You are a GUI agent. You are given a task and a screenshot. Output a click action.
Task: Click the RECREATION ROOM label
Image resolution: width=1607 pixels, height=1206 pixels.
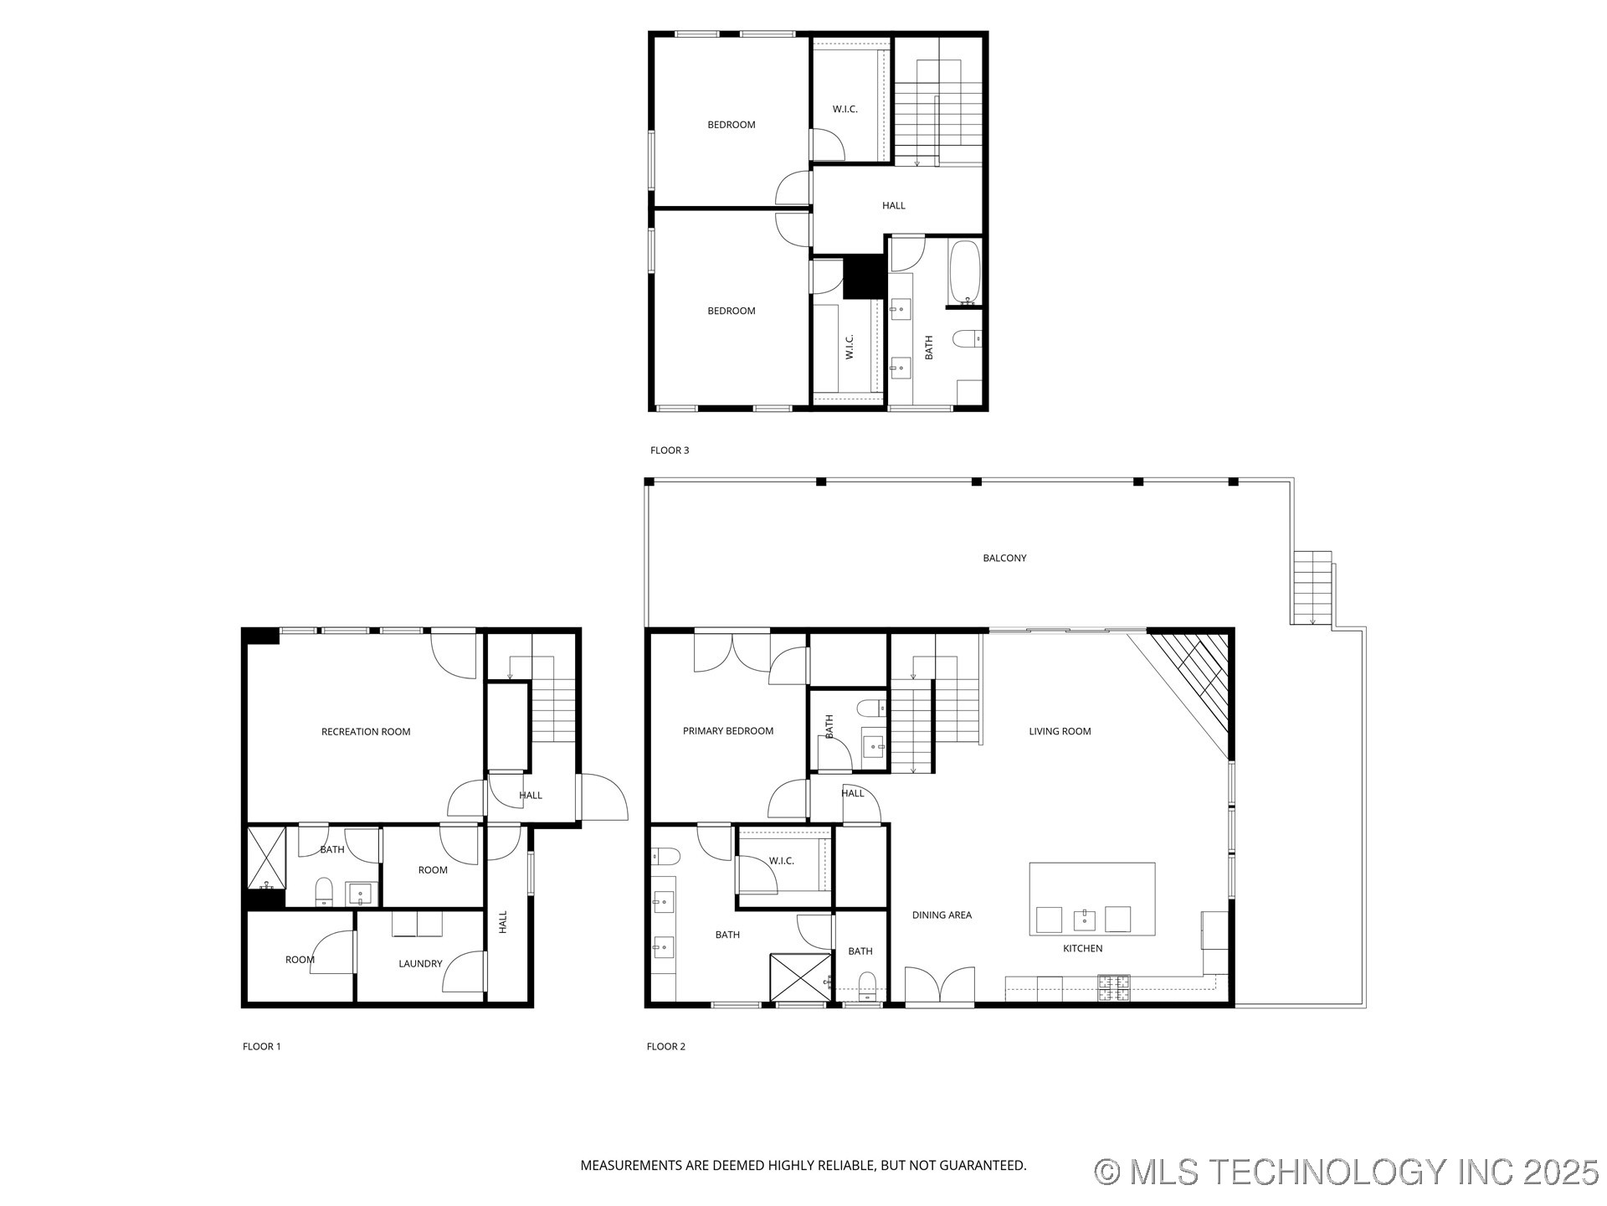366,732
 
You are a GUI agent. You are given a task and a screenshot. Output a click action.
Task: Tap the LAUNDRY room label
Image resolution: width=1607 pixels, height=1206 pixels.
420,964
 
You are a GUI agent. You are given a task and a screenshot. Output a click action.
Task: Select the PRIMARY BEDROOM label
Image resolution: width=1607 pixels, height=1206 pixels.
727,731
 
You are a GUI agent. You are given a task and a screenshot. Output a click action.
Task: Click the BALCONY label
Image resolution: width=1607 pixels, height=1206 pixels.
1004,558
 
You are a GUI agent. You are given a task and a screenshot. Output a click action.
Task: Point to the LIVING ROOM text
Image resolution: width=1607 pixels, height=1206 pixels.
1060,731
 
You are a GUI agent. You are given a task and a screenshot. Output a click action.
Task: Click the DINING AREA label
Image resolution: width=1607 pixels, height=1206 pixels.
942,915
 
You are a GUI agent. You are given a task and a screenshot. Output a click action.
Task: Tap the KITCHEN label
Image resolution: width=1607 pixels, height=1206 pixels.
1082,949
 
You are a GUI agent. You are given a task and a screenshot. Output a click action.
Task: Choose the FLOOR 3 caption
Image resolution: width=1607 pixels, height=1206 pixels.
670,451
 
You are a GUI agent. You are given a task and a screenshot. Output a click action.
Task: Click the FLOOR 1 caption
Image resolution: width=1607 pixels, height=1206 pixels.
262,1047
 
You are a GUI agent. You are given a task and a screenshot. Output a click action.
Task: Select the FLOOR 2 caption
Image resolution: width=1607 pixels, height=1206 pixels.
666,1047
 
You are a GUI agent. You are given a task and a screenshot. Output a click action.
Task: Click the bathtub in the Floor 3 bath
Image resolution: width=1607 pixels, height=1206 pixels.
964,273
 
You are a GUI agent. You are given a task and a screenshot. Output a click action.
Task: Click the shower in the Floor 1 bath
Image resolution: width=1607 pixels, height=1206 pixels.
267,857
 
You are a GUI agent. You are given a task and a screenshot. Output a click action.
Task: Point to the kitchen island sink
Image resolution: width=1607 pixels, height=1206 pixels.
1085,920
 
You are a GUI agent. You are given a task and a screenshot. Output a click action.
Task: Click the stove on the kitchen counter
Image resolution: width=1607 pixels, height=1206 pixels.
1114,989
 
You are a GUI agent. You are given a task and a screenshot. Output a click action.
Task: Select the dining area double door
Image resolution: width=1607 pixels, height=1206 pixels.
940,986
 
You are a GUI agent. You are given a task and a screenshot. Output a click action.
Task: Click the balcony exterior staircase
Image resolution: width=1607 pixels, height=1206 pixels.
1312,587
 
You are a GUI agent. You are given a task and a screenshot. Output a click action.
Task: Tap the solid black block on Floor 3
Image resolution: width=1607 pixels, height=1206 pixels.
864,276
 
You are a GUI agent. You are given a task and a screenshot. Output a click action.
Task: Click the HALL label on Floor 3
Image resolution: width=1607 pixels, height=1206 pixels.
893,205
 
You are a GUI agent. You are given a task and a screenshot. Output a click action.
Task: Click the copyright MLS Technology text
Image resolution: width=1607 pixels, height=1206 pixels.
1347,1172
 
